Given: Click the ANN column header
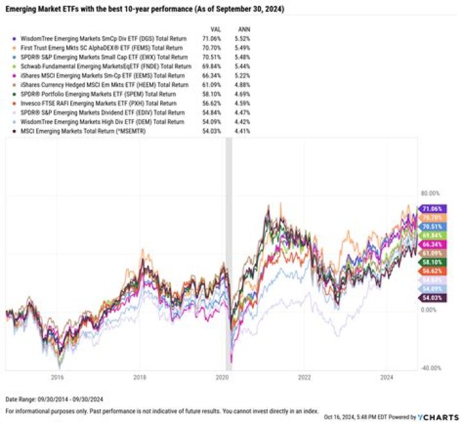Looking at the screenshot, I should point(244,30).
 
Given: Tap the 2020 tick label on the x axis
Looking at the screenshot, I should point(222,378).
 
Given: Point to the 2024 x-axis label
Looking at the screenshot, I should point(387,378).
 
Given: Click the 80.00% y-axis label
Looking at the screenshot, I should point(429,192).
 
